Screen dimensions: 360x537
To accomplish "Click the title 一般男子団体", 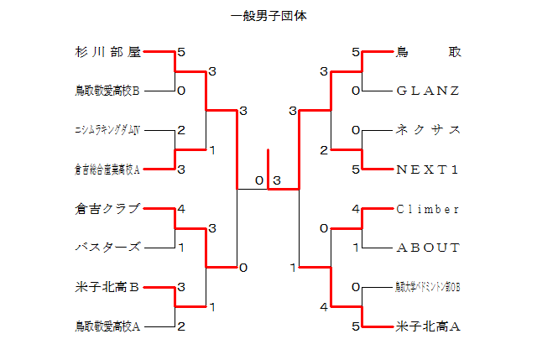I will pos(268,16).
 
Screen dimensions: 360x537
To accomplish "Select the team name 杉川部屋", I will pos(107,52).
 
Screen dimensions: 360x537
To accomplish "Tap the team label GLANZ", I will pos(428,91).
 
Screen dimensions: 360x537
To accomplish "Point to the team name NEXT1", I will pos(428,170).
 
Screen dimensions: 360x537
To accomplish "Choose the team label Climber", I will pos(428,209).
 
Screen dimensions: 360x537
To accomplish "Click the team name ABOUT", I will pos(428,248).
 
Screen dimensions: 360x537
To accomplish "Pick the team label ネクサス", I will pos(428,130).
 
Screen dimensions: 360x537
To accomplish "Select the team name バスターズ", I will pos(107,248).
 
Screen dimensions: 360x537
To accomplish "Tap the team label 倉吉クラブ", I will pos(107,209).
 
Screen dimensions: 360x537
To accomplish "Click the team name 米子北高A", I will pos(428,326).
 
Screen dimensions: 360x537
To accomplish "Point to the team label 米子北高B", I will pos(107,288).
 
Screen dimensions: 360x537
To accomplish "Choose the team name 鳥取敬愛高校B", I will pos(107,91).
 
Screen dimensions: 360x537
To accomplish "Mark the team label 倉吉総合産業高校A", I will pos(107,170).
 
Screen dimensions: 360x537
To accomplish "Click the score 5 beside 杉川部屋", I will pos(181,52).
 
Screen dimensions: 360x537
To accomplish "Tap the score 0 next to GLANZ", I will pos(356,91).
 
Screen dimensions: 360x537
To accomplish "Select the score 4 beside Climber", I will pos(356,209).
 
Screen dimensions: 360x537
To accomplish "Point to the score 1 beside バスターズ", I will pos(181,248).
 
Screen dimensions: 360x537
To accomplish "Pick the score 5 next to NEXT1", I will pos(356,170).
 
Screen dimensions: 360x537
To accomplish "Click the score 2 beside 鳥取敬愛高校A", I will pos(181,326).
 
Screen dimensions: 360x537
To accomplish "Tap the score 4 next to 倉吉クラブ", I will pos(181,209).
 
